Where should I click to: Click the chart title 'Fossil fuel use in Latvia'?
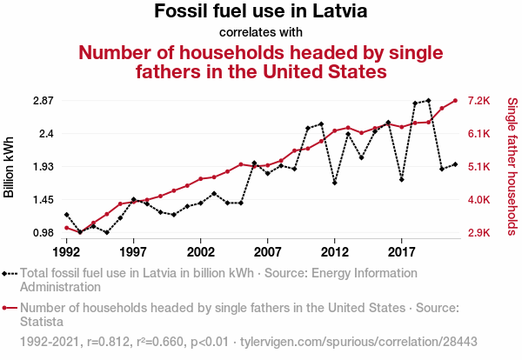coord(260,13)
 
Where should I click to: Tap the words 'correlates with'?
coord(260,33)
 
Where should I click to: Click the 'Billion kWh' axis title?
coord(10,166)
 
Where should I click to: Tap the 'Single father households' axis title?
coord(512,166)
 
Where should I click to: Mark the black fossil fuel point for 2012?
coord(335,183)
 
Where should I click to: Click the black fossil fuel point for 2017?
coord(402,180)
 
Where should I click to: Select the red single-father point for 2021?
coord(455,100)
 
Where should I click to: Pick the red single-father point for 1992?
coord(66,228)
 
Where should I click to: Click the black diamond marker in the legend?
coord(9,272)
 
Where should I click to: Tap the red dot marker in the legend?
coord(9,308)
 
